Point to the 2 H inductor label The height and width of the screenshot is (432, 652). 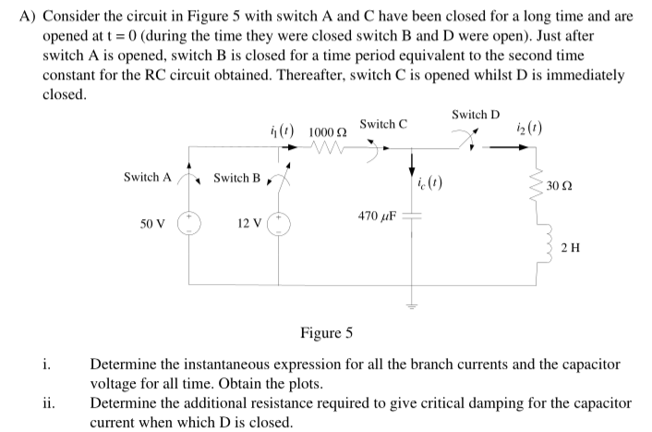572,247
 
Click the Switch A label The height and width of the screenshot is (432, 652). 147,177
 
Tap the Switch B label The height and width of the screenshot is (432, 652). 236,177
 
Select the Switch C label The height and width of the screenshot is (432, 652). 384,123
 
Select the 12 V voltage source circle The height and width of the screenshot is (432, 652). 281,226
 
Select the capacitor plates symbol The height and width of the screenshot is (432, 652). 413,216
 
